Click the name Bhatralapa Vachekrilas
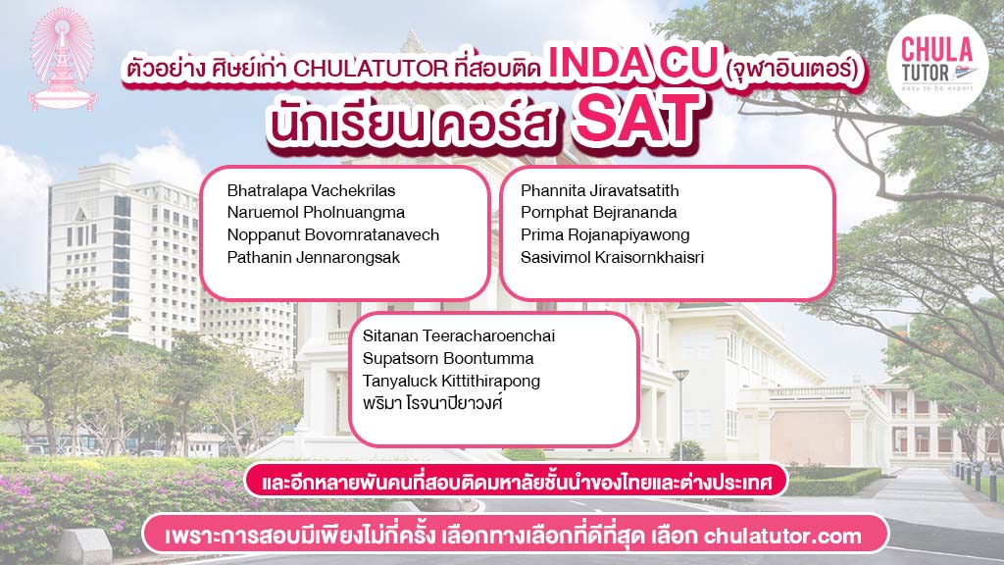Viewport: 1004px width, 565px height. click(x=311, y=190)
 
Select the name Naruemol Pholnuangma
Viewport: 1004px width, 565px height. click(x=316, y=212)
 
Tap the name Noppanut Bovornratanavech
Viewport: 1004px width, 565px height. click(x=333, y=234)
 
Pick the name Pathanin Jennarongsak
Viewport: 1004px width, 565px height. click(x=314, y=257)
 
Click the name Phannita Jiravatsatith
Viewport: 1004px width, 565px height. click(x=599, y=190)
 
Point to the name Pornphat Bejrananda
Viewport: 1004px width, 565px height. click(x=598, y=212)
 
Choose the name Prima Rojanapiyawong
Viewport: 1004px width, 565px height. click(x=605, y=234)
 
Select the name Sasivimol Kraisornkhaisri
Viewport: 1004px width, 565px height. click(x=612, y=257)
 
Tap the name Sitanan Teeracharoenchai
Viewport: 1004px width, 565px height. click(x=459, y=335)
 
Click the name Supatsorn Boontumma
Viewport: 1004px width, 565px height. click(x=448, y=358)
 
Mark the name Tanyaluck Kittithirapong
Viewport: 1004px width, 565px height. click(x=451, y=381)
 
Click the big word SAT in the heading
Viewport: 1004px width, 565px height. click(x=634, y=120)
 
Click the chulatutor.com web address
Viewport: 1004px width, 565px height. click(x=782, y=537)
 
